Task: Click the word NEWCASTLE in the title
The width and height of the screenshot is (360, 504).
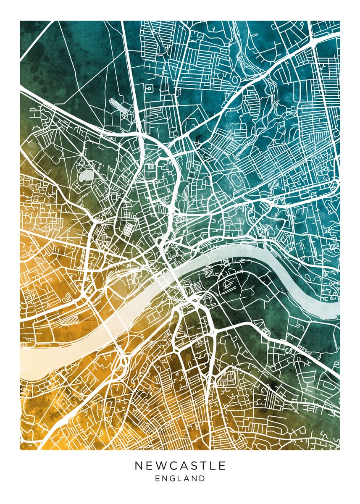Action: [180, 466]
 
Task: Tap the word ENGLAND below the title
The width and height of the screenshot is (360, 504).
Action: [180, 478]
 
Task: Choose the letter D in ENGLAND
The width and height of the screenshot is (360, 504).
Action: [202, 478]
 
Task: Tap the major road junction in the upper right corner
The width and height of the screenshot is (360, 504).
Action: [314, 42]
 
